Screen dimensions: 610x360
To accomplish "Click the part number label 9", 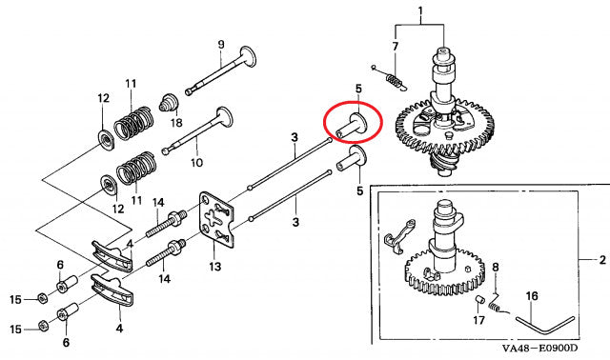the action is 221,45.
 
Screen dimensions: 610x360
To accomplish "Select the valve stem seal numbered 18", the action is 169,102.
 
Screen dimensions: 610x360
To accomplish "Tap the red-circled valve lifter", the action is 352,126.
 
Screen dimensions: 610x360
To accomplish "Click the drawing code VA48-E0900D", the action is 540,349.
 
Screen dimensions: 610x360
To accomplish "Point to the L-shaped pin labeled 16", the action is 545,325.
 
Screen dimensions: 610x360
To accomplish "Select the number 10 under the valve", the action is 197,162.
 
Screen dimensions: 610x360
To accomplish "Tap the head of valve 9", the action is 248,56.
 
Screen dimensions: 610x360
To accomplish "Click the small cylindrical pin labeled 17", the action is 478,301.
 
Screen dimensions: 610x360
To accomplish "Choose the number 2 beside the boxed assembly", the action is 602,260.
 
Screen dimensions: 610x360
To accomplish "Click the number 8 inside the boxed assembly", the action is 496,268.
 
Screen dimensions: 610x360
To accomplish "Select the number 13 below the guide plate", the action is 214,267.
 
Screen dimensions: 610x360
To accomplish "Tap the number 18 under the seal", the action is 176,123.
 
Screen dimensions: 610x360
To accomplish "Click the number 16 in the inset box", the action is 532,296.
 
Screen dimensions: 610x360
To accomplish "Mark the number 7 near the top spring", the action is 396,47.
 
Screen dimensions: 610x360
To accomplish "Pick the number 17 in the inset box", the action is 478,320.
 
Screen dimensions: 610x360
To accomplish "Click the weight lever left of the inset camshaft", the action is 399,237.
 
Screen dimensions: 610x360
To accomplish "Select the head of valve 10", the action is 225,117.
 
